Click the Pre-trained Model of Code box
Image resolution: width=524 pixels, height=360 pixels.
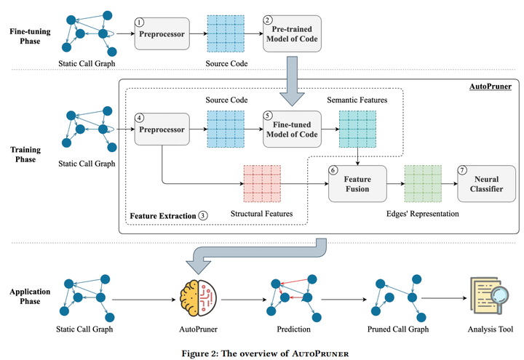(x=291, y=33)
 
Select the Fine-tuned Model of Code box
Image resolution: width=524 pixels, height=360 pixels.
(x=291, y=129)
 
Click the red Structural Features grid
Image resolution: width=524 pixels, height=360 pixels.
(x=261, y=183)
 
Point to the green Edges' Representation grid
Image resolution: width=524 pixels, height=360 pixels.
(x=423, y=183)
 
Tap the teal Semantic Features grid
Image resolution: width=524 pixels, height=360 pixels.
(x=357, y=129)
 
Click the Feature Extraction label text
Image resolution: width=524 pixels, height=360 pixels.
(x=163, y=216)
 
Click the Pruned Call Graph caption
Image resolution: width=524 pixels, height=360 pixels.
(x=398, y=329)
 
